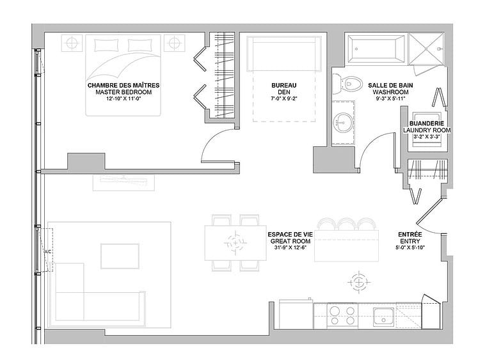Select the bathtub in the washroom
(x=376, y=49)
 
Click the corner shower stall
(x=426, y=49)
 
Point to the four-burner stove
(x=342, y=315)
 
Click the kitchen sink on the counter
(x=383, y=317)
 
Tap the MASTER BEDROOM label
(x=123, y=92)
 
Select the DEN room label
(x=284, y=92)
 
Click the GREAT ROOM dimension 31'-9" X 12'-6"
(x=290, y=247)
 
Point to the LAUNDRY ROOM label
(x=427, y=130)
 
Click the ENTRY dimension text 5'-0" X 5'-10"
(x=410, y=247)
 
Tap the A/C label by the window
(x=48, y=252)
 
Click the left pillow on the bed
(x=106, y=45)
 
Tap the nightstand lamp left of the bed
(x=72, y=43)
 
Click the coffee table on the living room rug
(x=120, y=256)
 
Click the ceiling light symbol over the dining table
(x=235, y=243)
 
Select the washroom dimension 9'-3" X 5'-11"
(x=390, y=99)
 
